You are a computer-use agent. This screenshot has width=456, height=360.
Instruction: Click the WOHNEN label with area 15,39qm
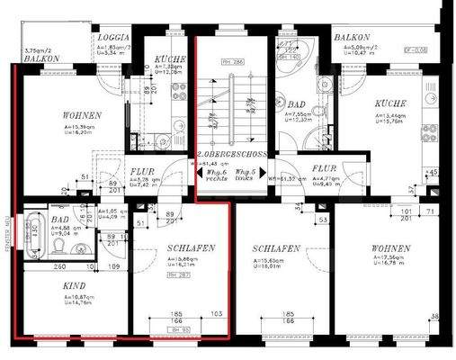[x=82, y=116]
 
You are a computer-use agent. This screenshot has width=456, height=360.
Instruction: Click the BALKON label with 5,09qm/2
[x=353, y=39]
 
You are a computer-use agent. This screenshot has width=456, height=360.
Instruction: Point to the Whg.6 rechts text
[x=216, y=175]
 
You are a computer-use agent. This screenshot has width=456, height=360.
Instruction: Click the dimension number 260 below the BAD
[x=58, y=267]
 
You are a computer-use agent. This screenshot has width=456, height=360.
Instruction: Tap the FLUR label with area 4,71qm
[x=324, y=168]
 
